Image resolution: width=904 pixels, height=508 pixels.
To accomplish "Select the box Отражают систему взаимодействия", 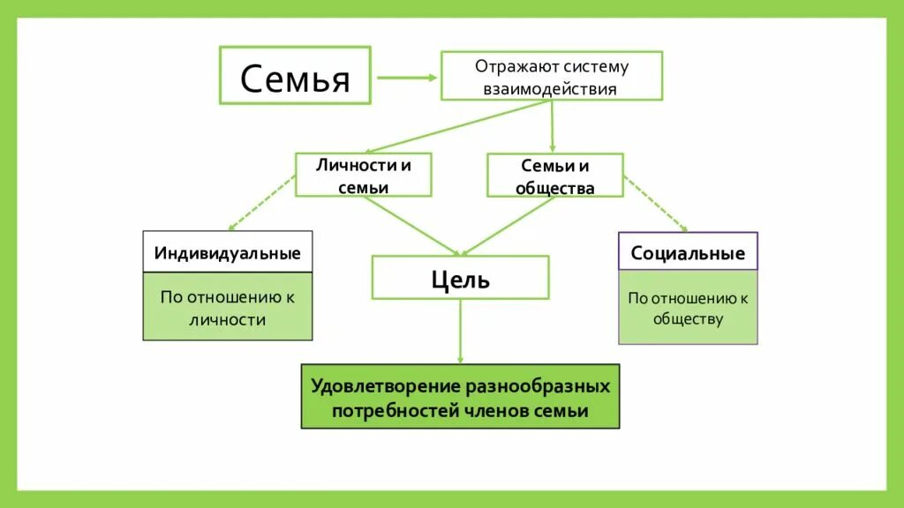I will [551, 77].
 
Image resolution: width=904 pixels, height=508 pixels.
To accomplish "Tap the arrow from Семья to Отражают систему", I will [406, 77].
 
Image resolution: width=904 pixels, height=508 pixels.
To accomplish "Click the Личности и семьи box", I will [363, 175].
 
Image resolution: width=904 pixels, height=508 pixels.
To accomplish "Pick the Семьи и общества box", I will [555, 175].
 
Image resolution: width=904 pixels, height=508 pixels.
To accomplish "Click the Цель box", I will [460, 278].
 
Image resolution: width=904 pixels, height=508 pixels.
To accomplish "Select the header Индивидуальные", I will [228, 253].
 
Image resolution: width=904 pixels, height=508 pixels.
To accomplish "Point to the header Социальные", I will [688, 253].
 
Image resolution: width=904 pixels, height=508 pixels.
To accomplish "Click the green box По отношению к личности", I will [228, 307].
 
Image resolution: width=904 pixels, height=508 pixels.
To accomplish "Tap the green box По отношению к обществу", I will [688, 308].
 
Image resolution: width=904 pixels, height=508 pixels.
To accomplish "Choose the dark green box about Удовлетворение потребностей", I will [460, 397].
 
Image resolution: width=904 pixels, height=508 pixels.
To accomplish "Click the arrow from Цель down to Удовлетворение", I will [460, 331].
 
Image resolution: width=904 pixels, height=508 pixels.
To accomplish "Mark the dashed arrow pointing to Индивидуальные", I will [261, 203].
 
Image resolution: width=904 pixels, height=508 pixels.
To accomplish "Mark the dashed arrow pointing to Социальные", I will [656, 203].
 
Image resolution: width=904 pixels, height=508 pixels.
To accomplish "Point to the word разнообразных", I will [537, 386].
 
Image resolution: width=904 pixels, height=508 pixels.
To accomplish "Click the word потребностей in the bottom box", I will [395, 411].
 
